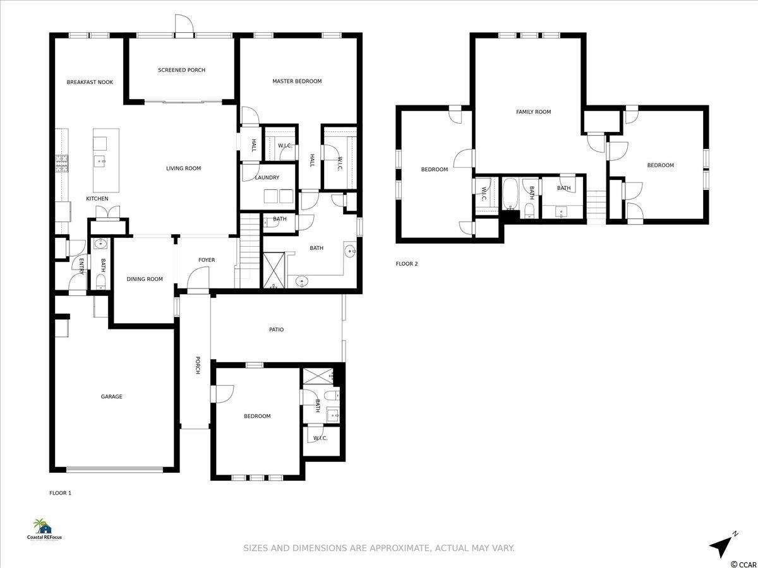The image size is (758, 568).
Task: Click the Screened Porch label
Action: coord(182,70)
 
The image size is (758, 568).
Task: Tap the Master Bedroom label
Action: coord(297,81)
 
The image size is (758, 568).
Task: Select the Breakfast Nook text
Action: coord(90,82)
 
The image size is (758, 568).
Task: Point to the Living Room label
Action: coord(183,169)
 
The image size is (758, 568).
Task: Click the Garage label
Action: coord(112,396)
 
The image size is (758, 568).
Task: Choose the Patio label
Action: coord(276,329)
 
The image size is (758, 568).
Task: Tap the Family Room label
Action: coord(534,112)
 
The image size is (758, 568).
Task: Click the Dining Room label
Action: coord(145,279)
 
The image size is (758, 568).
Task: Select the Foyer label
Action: coord(207,260)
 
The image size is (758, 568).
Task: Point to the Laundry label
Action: coord(267,177)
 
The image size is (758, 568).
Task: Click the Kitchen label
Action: coord(97,199)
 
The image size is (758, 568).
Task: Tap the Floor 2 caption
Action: coord(406,264)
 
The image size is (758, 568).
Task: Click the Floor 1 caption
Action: coord(60,493)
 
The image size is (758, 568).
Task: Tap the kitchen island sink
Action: coord(100,161)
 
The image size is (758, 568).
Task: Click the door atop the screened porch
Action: coord(184,24)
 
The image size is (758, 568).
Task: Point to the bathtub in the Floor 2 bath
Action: coord(509,194)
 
